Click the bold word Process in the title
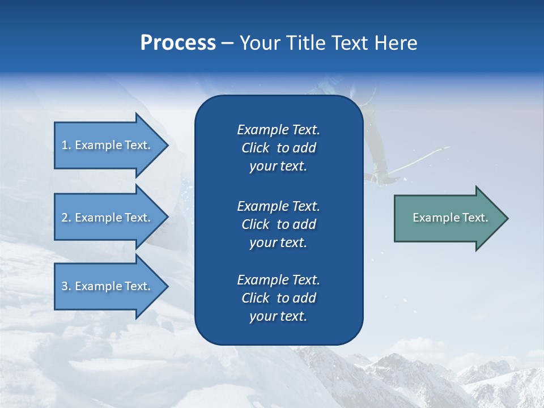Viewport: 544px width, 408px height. coord(178,43)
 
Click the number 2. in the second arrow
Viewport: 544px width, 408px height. coord(66,218)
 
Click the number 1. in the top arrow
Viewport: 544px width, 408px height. coord(66,145)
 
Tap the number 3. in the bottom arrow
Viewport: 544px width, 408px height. coord(66,286)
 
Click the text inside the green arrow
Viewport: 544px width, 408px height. coord(450,218)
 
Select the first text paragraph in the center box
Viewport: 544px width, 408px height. coord(278,148)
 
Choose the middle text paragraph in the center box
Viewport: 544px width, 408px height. coord(278,224)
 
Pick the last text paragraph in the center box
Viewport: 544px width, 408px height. coord(278,298)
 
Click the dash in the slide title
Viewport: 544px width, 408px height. coord(227,43)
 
